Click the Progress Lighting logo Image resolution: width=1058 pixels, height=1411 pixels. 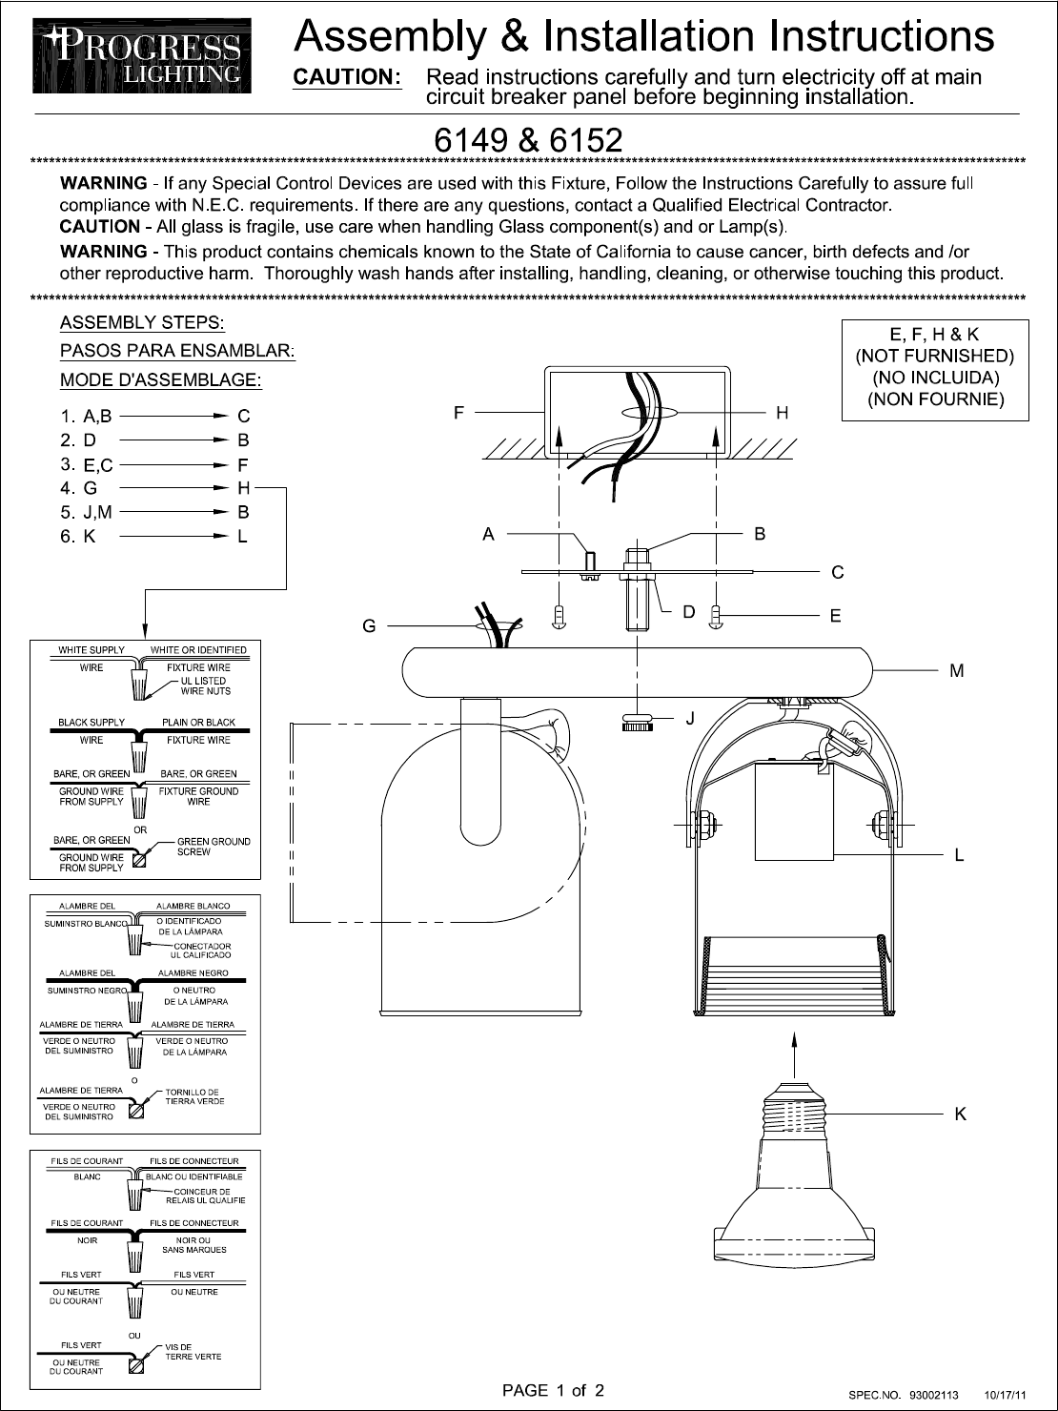pyautogui.click(x=142, y=58)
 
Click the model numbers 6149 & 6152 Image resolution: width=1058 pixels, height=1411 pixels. pyautogui.click(x=528, y=141)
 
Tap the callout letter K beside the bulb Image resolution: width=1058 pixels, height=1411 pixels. pyautogui.click(x=960, y=1114)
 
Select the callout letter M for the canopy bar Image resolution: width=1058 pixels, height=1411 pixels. pyautogui.click(x=957, y=671)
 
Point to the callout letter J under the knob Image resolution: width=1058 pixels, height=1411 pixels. pyautogui.click(x=690, y=717)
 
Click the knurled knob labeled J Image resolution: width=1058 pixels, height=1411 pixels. pyautogui.click(x=637, y=722)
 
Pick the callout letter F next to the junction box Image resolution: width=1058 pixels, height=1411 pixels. pyautogui.click(x=458, y=413)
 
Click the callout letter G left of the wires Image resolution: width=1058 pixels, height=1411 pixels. pyautogui.click(x=368, y=626)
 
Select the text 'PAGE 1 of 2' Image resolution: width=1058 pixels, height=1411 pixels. pyautogui.click(x=553, y=1390)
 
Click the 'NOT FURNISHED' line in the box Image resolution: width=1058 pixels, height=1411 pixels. pyautogui.click(x=934, y=357)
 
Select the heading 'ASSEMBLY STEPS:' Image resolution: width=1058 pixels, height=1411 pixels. pyautogui.click(x=142, y=322)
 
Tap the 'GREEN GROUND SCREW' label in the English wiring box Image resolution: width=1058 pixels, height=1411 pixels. pyautogui.click(x=214, y=847)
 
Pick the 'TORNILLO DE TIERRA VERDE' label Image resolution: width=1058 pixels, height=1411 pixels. pyautogui.click(x=194, y=1097)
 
